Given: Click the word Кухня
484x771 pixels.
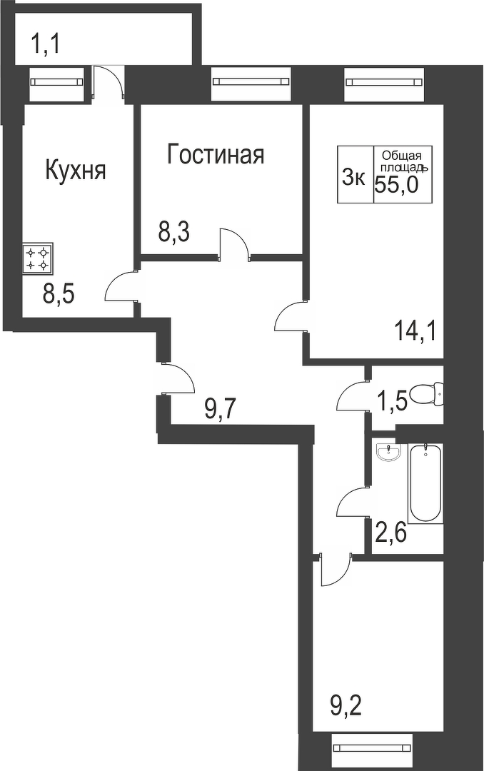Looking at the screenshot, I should [76, 171].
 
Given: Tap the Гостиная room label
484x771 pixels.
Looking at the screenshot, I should [216, 154].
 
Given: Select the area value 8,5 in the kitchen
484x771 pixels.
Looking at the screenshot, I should [59, 294].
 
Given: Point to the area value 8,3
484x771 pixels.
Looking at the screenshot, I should [173, 233].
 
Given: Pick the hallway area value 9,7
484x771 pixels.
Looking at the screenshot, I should [220, 410].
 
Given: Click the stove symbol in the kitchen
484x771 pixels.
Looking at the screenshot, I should [38, 258].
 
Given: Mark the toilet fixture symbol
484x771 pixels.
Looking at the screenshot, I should [430, 393].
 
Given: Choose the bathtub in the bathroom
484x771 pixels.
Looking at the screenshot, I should [425, 483].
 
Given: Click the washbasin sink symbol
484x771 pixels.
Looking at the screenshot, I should [389, 451].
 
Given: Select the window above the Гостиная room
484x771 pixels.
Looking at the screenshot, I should [251, 81].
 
